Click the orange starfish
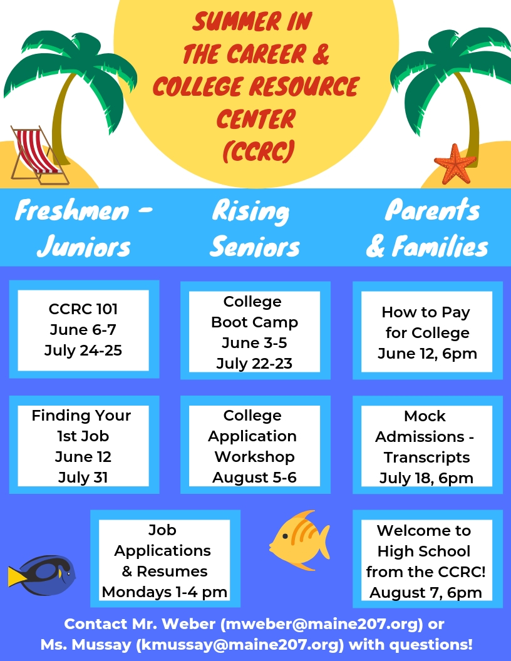(x=455, y=165)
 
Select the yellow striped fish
(x=300, y=540)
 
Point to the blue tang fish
(x=42, y=575)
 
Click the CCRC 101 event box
(x=84, y=330)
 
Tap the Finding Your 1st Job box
(x=84, y=445)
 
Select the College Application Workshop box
(x=255, y=445)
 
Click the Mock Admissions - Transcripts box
(x=428, y=445)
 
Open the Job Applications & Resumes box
(x=165, y=559)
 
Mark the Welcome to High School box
(x=428, y=559)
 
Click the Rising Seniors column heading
(x=254, y=228)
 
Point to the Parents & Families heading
(x=427, y=228)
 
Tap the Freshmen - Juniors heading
(x=84, y=228)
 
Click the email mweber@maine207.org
(x=322, y=624)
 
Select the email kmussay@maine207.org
(x=240, y=645)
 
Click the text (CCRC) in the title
(x=257, y=151)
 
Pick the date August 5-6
(x=254, y=478)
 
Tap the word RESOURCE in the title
(x=304, y=86)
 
